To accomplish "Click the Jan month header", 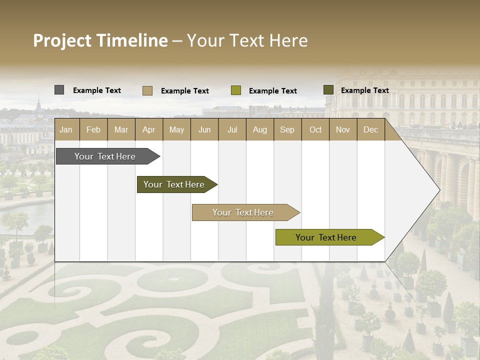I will (x=66, y=130).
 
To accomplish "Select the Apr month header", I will (x=149, y=130).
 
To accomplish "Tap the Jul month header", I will (x=232, y=130).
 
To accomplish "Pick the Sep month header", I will (x=287, y=130).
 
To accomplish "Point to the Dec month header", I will (x=370, y=130).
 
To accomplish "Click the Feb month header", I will (x=93, y=130).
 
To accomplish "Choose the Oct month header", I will (x=315, y=130).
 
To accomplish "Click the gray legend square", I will (x=59, y=90).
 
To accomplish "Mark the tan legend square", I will (x=147, y=90).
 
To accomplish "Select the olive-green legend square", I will (x=236, y=90).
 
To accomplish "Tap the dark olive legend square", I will (x=328, y=90).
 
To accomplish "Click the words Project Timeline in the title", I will (x=100, y=40).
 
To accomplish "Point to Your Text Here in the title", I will (x=247, y=40).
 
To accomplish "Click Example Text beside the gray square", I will (x=97, y=90).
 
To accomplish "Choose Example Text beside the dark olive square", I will (x=365, y=90).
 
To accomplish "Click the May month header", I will (x=176, y=130).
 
